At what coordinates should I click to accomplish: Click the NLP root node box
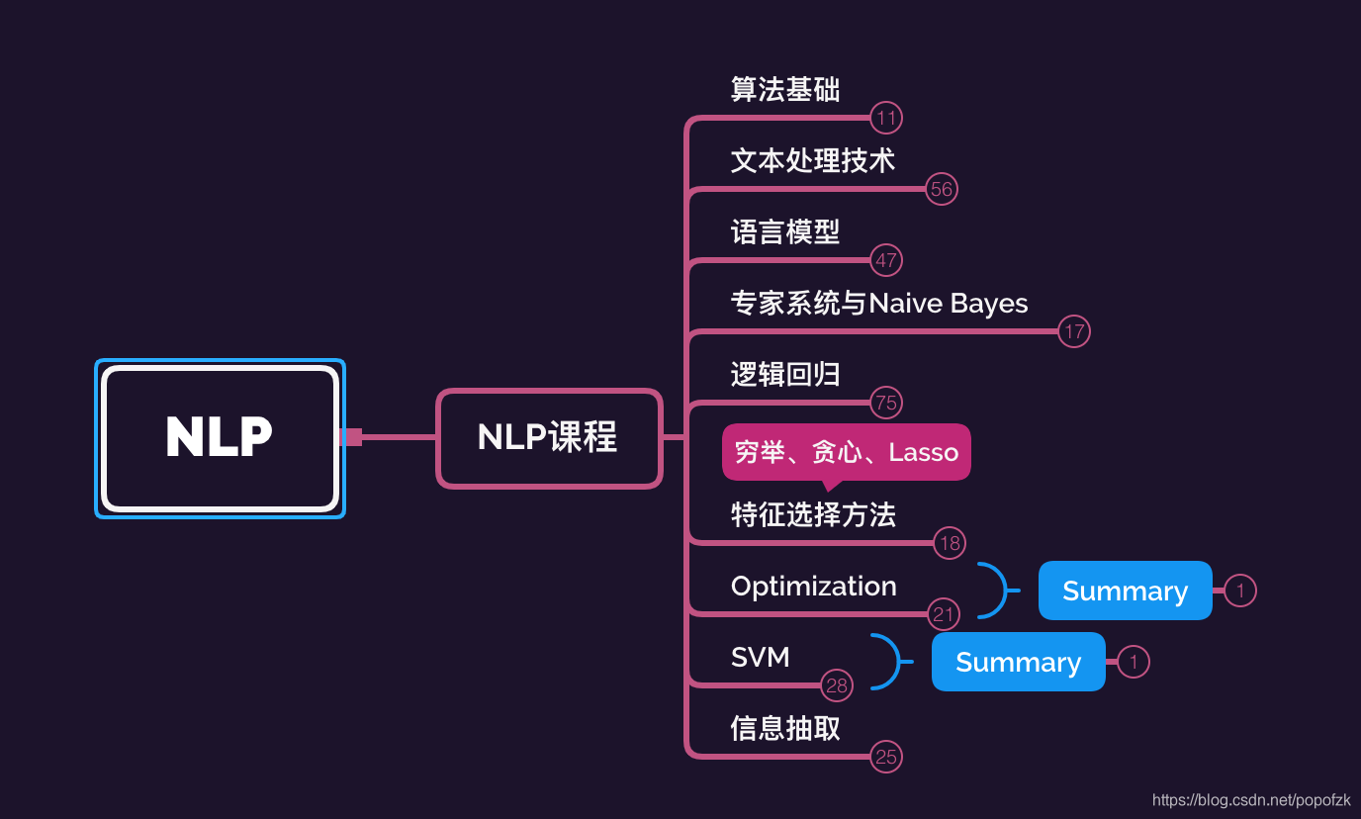click(x=220, y=438)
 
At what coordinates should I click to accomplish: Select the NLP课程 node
click(x=549, y=437)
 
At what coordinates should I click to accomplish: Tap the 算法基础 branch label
click(x=785, y=90)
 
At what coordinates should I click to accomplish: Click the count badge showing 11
click(x=886, y=119)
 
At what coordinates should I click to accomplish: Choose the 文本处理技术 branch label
click(x=813, y=161)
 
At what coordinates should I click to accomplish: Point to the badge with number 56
click(x=942, y=190)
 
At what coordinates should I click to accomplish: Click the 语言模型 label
click(x=785, y=232)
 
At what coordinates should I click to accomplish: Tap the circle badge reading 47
click(x=886, y=261)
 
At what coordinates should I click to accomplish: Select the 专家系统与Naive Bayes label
click(x=879, y=304)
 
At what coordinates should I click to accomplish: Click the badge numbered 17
click(x=1074, y=331)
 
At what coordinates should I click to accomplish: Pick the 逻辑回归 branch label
click(x=785, y=375)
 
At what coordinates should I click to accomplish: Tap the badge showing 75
click(x=886, y=403)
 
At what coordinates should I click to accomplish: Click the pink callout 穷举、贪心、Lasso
click(x=846, y=453)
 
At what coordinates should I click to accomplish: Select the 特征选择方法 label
click(x=813, y=515)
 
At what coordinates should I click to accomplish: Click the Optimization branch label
click(x=813, y=587)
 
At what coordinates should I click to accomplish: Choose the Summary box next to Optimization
click(x=1125, y=591)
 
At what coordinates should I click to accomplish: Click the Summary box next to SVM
click(x=1018, y=662)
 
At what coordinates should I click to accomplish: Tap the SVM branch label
click(x=760, y=658)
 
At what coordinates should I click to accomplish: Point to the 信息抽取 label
click(x=785, y=729)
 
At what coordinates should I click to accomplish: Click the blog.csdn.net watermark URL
click(x=1251, y=800)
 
